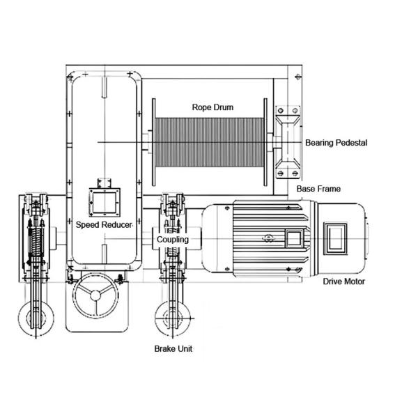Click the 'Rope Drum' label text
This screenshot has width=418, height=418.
point(212,108)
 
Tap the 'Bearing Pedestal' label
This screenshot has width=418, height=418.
point(336,143)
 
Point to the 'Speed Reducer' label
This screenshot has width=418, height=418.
point(104,226)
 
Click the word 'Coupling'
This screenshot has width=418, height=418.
point(172,239)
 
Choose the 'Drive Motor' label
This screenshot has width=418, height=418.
point(343,281)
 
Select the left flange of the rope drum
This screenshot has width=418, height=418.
point(151,143)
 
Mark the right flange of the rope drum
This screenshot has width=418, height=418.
point(267,143)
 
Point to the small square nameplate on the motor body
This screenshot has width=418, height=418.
point(294,238)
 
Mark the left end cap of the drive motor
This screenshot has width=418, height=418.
point(209,238)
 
